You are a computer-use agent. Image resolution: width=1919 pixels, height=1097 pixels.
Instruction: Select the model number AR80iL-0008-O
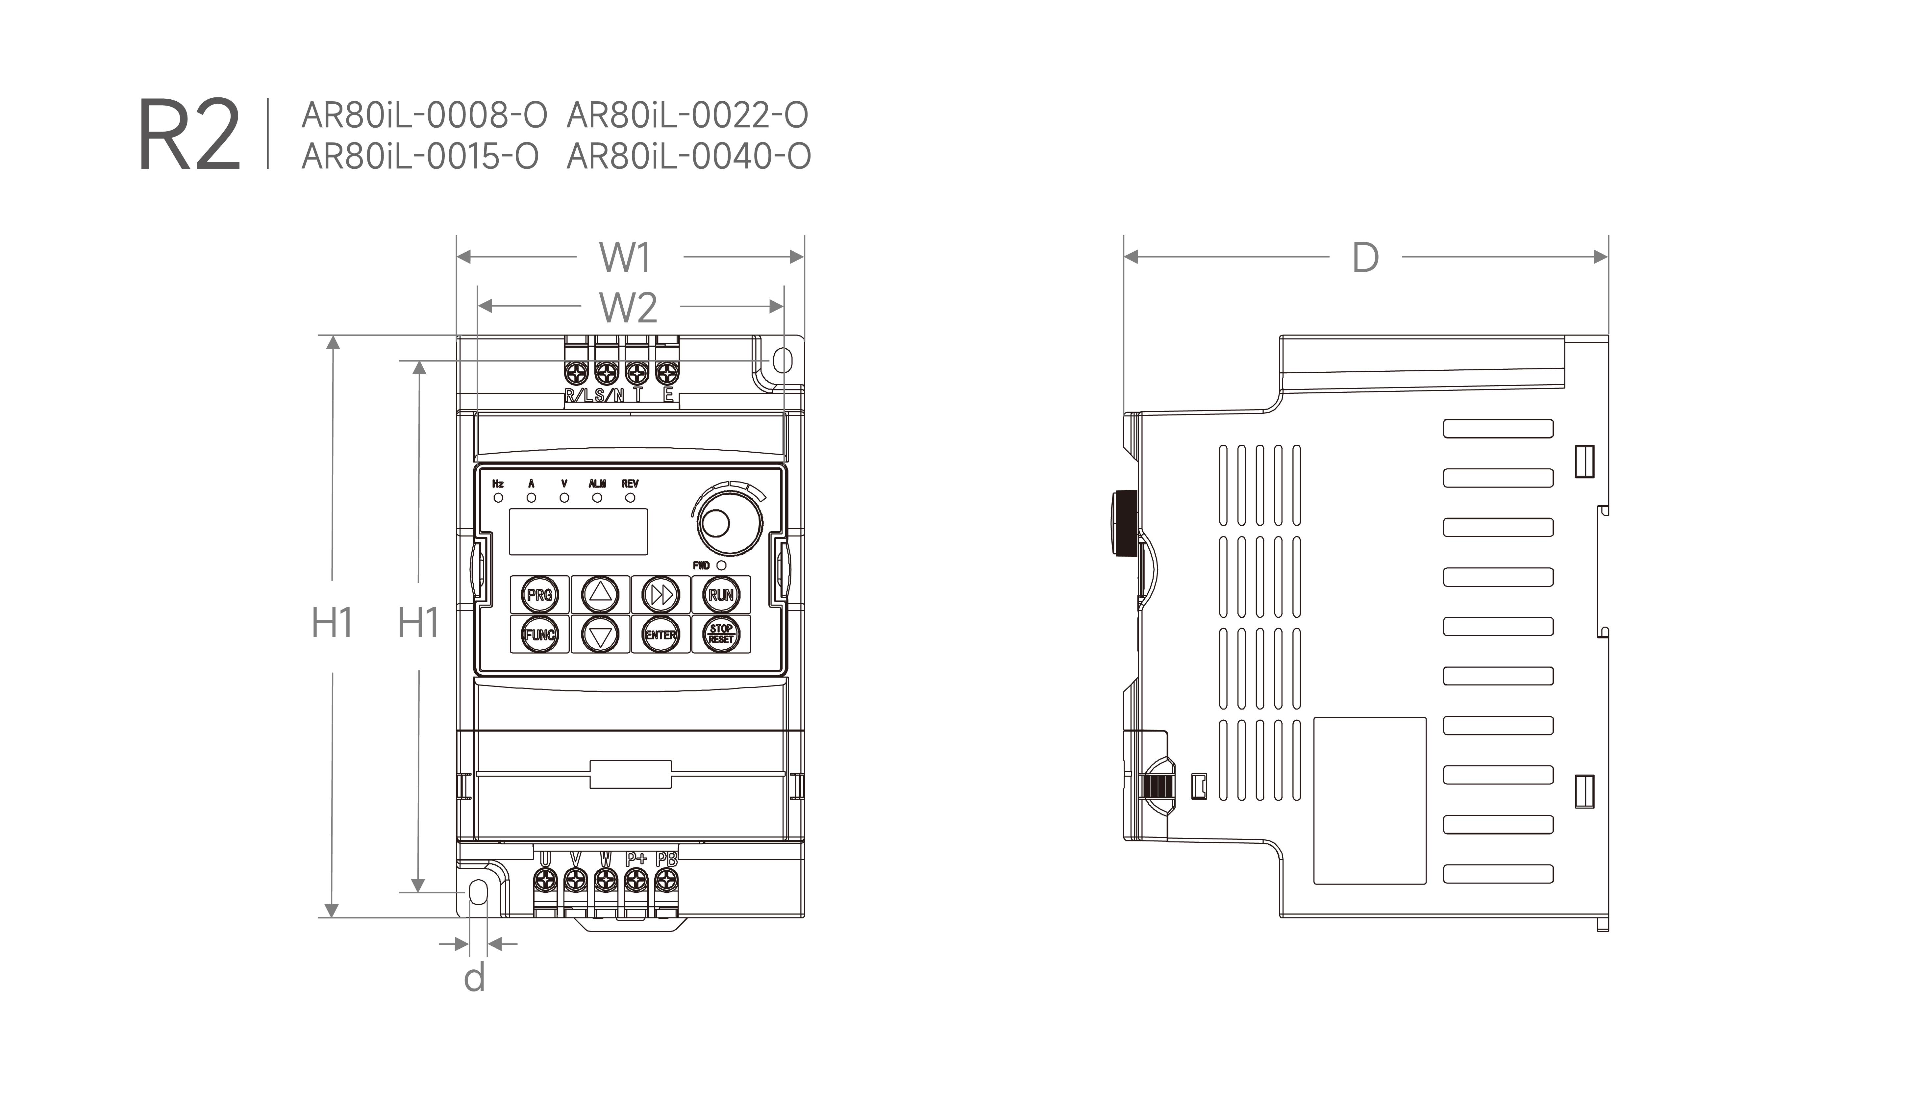424,115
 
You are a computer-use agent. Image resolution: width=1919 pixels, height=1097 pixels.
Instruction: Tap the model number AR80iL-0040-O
689,157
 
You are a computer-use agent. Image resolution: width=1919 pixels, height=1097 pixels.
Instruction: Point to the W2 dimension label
628,308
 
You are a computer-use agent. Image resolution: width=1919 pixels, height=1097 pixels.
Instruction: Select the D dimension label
1365,258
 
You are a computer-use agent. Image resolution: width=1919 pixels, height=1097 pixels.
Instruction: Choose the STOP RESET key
721,635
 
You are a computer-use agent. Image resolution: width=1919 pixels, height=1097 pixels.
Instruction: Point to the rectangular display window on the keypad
578,532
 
